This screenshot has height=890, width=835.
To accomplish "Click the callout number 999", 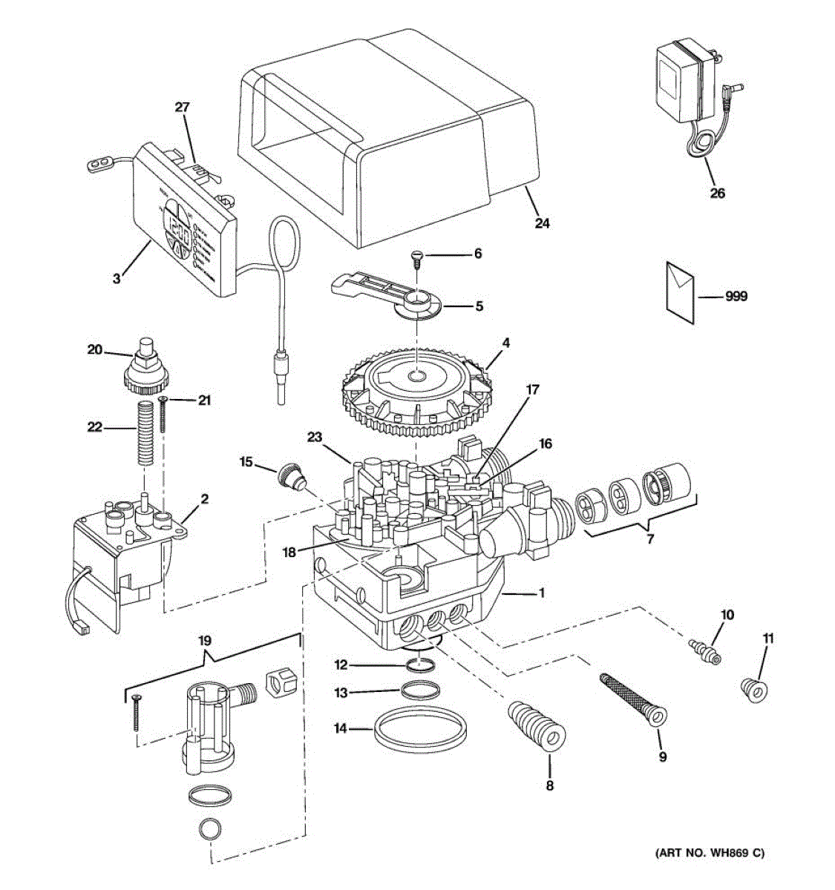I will pyautogui.click(x=736, y=297).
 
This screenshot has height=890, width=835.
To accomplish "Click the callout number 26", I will pyautogui.click(x=717, y=193).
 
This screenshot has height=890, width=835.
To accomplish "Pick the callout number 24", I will pyautogui.click(x=543, y=222).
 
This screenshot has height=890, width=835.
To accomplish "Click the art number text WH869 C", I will pyautogui.click(x=708, y=853).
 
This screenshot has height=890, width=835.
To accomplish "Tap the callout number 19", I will pyautogui.click(x=206, y=640).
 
